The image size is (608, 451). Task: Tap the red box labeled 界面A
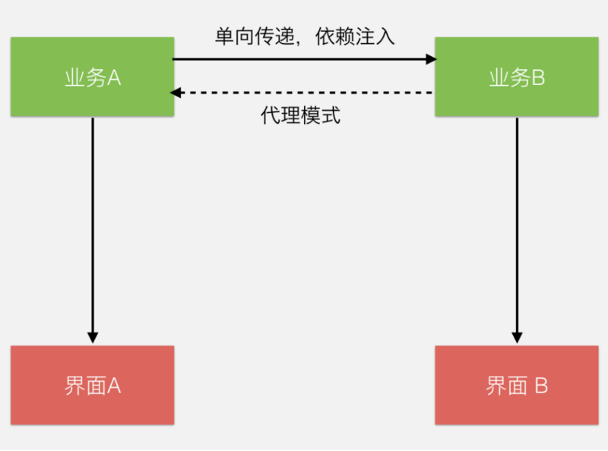pyautogui.click(x=92, y=385)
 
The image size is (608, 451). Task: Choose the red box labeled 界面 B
pyautogui.click(x=516, y=385)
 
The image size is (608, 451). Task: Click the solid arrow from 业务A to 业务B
pyautogui.click(x=304, y=58)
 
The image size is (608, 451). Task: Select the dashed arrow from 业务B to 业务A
pyautogui.click(x=304, y=93)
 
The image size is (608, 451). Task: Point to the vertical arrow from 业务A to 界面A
pyautogui.click(x=92, y=228)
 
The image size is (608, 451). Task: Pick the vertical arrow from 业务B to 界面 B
pyautogui.click(x=517, y=228)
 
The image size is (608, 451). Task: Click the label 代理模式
pyautogui.click(x=300, y=116)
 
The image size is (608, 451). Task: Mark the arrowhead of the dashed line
pyautogui.click(x=176, y=93)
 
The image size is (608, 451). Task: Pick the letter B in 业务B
pyautogui.click(x=538, y=78)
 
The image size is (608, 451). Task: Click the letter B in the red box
pyautogui.click(x=540, y=386)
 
